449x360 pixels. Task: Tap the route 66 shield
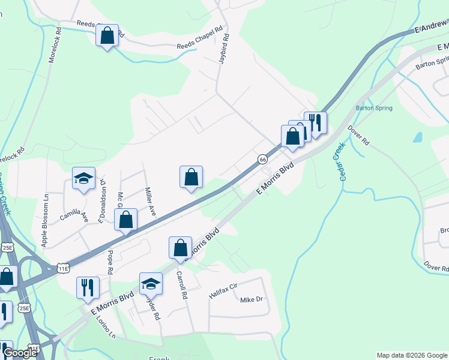pyautogui.click(x=263, y=159)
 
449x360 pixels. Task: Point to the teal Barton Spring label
pyautogui.click(x=374, y=108)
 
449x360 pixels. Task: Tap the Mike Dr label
pyautogui.click(x=252, y=299)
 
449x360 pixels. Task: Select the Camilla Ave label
pyautogui.click(x=74, y=216)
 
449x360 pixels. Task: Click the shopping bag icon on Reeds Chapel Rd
pyautogui.click(x=107, y=35)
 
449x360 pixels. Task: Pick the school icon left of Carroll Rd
pyautogui.click(x=151, y=283)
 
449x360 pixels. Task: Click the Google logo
pyautogui.click(x=20, y=353)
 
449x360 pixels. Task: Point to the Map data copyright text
pyautogui.click(x=411, y=355)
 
